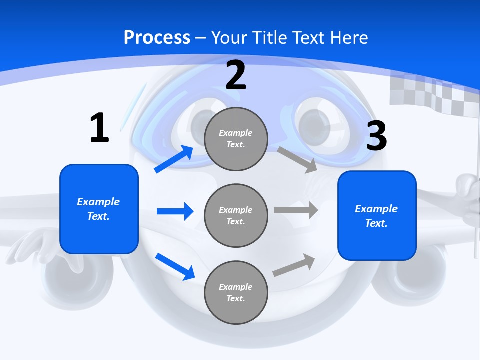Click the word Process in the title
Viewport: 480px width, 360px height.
[x=157, y=37]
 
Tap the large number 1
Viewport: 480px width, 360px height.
[x=99, y=128]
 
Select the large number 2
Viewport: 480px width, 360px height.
[x=236, y=75]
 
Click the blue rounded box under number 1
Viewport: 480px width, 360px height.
[x=99, y=209]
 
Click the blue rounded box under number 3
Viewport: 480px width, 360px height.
[x=377, y=215]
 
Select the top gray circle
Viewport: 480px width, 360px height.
[x=236, y=139]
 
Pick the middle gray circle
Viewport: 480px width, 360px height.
[x=236, y=215]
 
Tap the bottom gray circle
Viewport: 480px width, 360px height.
[x=236, y=292]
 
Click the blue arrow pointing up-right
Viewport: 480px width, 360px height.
[x=174, y=159]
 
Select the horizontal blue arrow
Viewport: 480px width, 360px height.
[x=175, y=211]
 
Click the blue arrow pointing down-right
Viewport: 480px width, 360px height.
[x=175, y=266]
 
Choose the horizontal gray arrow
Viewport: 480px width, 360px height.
[x=296, y=210]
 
